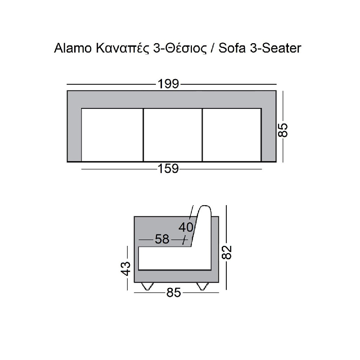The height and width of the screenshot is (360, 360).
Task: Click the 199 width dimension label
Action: point(168,84)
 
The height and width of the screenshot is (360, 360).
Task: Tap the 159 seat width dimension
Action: point(168,169)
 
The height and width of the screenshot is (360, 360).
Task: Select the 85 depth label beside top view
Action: point(283,130)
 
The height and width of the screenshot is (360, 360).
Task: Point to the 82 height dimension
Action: point(227,253)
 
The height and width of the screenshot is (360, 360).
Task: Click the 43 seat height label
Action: point(126,268)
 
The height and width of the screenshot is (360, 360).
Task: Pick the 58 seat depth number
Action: point(162,239)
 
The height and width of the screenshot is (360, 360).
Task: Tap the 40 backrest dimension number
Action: point(186,228)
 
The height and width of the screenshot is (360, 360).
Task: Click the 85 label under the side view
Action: point(174,293)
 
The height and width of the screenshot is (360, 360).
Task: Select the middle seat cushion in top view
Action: point(173,135)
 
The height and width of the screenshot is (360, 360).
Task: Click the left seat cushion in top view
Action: point(112,135)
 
